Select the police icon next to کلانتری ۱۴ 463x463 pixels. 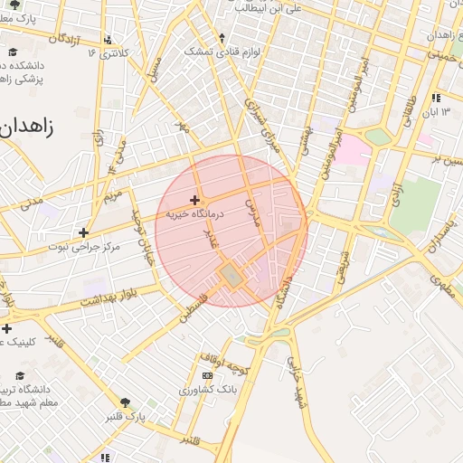point(109,40)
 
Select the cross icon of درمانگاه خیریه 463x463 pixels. point(194,199)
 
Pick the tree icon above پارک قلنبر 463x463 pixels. point(125,402)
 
